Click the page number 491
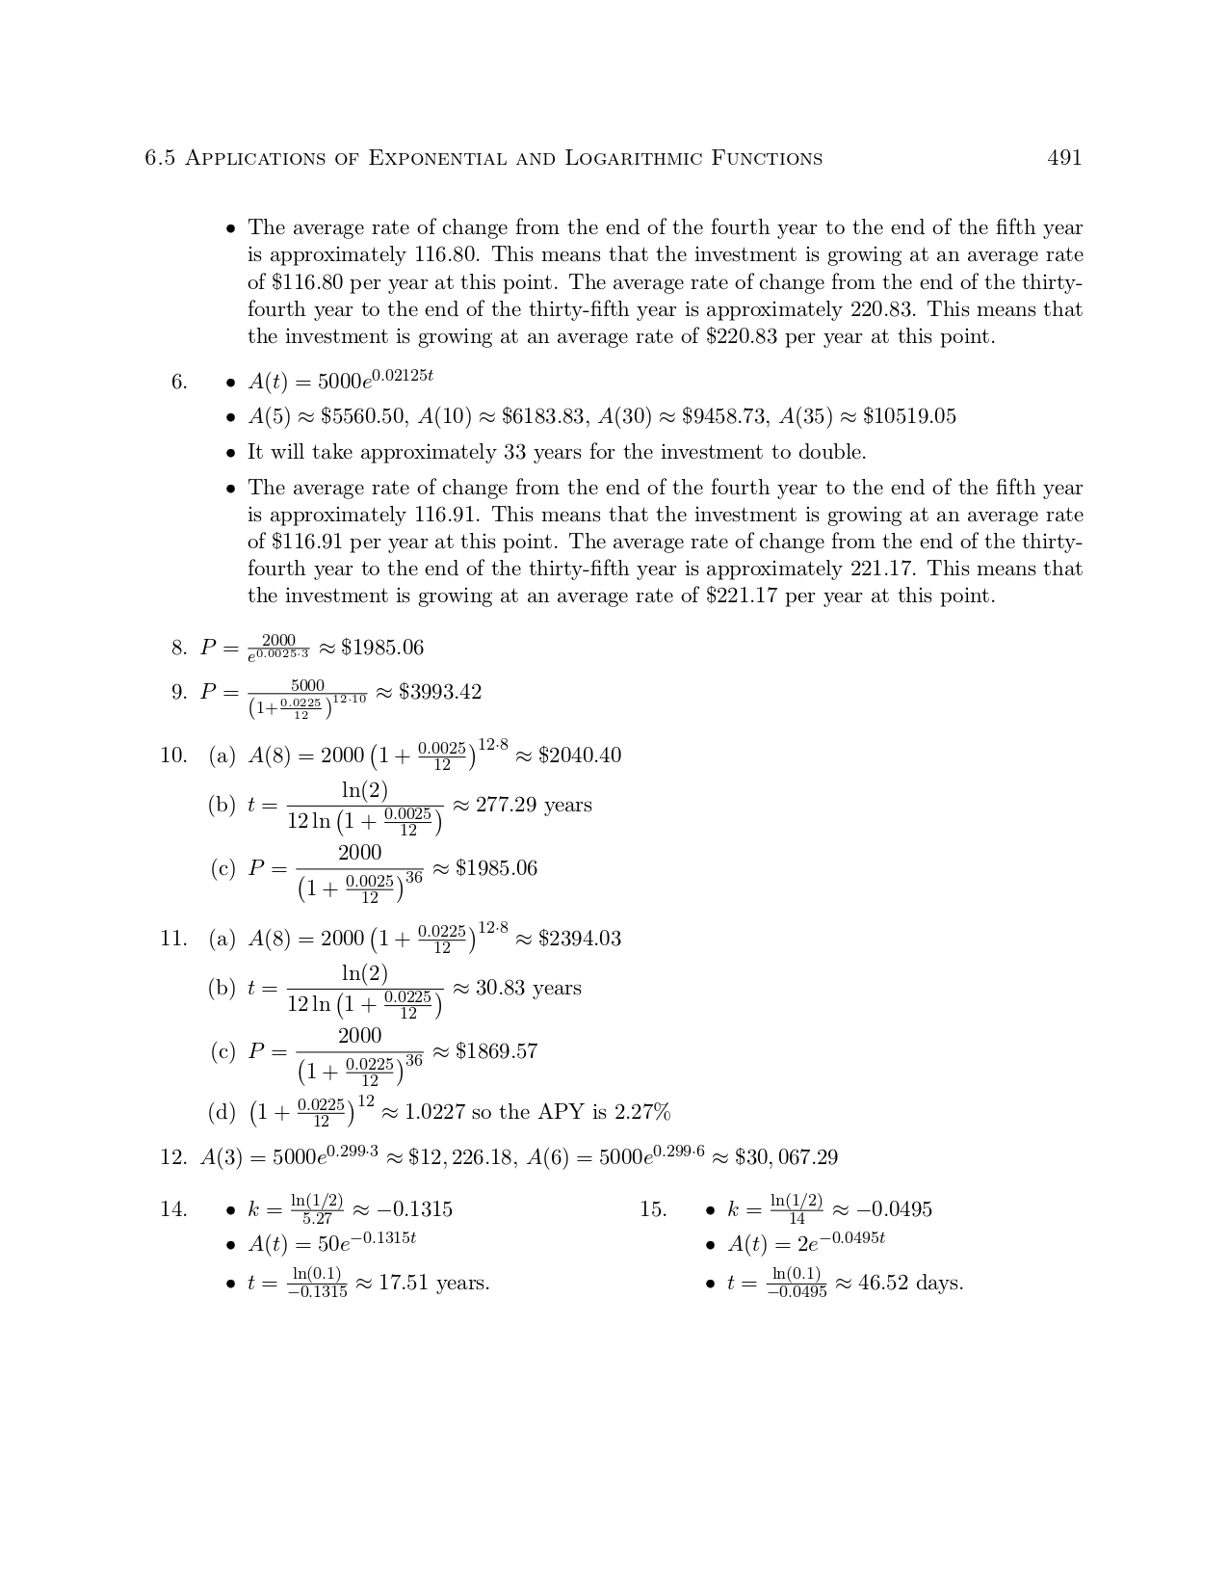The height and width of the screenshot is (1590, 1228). tap(1064, 158)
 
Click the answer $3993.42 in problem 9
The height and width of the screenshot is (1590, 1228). tap(440, 692)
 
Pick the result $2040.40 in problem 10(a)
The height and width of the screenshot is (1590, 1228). tap(580, 755)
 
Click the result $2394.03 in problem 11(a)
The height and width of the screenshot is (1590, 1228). tap(580, 938)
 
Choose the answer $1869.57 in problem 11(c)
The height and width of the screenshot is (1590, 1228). tap(496, 1050)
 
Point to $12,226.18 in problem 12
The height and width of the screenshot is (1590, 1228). tap(461, 1157)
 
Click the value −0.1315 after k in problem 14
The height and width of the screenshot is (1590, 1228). tap(415, 1209)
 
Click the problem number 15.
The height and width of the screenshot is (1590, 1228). tap(653, 1209)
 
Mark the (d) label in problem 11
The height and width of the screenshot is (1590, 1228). tap(222, 1112)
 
